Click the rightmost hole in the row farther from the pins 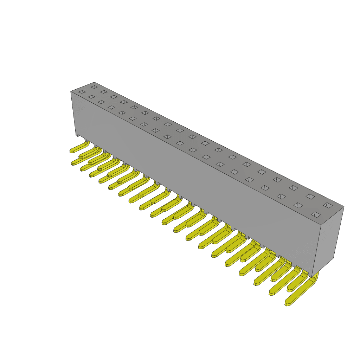pyautogui.click(x=327, y=205)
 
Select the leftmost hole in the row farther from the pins pyautogui.click(x=94, y=86)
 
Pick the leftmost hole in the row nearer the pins pyautogui.click(x=82, y=92)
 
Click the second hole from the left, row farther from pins pyautogui.click(x=103, y=92)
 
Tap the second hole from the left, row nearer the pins pyautogui.click(x=91, y=97)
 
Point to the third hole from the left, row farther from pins pyautogui.click(x=113, y=97)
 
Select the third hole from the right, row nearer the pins pyautogui.click(x=281, y=195)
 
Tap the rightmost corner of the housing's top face pyautogui.click(x=343, y=207)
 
